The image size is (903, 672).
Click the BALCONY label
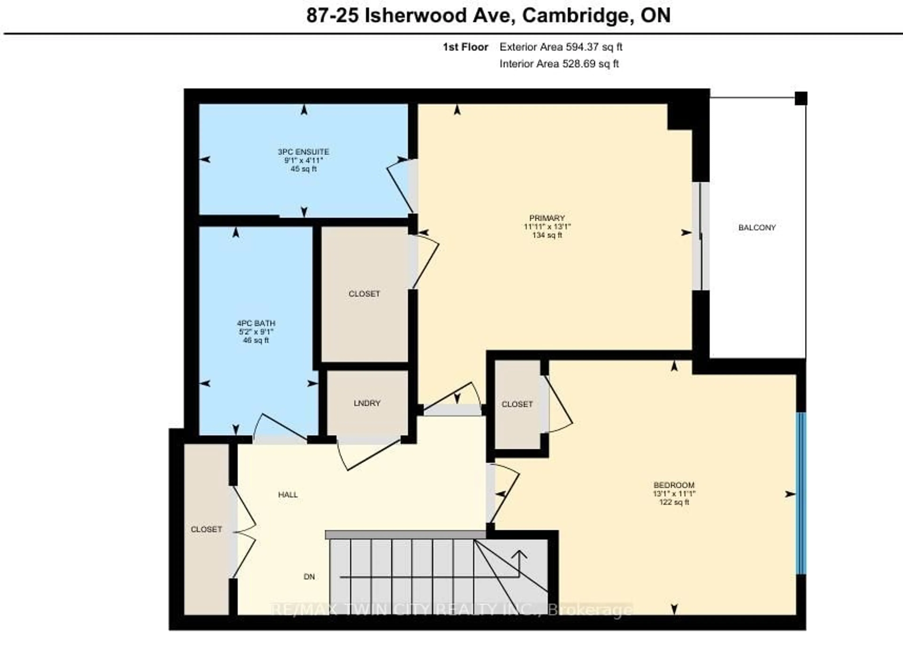point(757,228)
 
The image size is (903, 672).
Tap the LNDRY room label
point(367,403)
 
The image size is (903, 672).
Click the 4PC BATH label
point(256,323)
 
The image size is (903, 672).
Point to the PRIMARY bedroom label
point(547,218)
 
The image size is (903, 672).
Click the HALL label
point(288,495)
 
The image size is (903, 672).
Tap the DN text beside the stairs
point(309,577)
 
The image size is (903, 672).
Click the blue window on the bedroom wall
point(800,493)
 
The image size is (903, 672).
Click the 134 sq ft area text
point(547,235)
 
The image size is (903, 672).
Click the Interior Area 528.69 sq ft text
point(559,64)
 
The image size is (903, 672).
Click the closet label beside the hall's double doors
point(206,529)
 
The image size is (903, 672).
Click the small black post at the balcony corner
point(800,99)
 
